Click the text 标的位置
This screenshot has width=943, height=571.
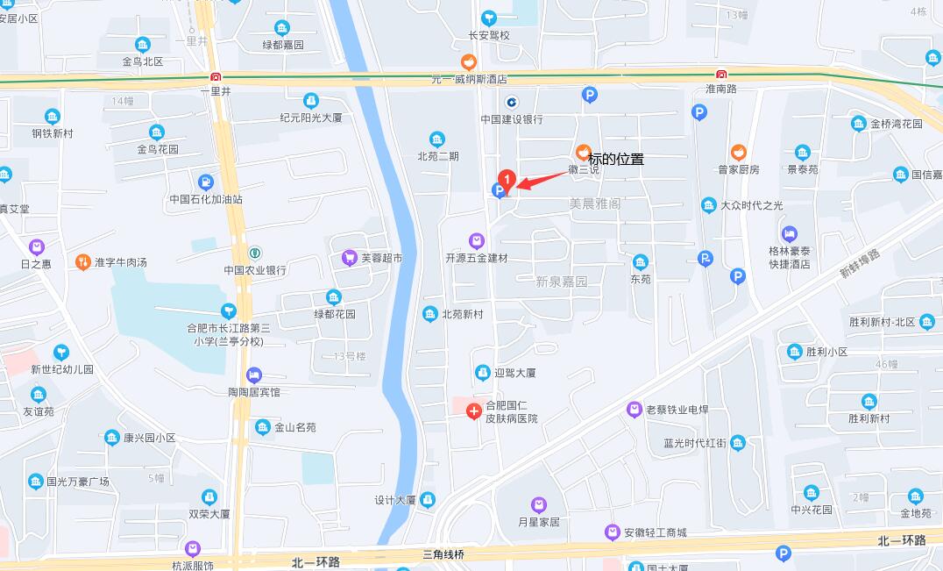[616, 160]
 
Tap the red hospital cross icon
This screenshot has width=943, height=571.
[473, 410]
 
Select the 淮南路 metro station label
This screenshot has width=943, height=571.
[721, 89]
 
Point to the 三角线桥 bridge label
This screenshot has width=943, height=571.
[443, 555]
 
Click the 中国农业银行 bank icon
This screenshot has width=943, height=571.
[255, 253]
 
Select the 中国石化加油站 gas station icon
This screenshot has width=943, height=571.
[206, 182]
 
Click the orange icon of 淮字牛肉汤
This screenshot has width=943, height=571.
[82, 261]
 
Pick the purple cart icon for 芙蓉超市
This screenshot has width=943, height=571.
[350, 258]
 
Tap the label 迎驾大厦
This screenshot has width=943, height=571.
[514, 373]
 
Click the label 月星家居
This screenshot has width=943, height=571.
[538, 522]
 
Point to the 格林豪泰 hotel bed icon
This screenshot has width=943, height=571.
[790, 234]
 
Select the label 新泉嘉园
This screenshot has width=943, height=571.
[562, 282]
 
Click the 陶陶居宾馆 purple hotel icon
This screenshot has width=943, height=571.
[254, 375]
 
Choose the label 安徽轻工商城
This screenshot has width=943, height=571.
[655, 532]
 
